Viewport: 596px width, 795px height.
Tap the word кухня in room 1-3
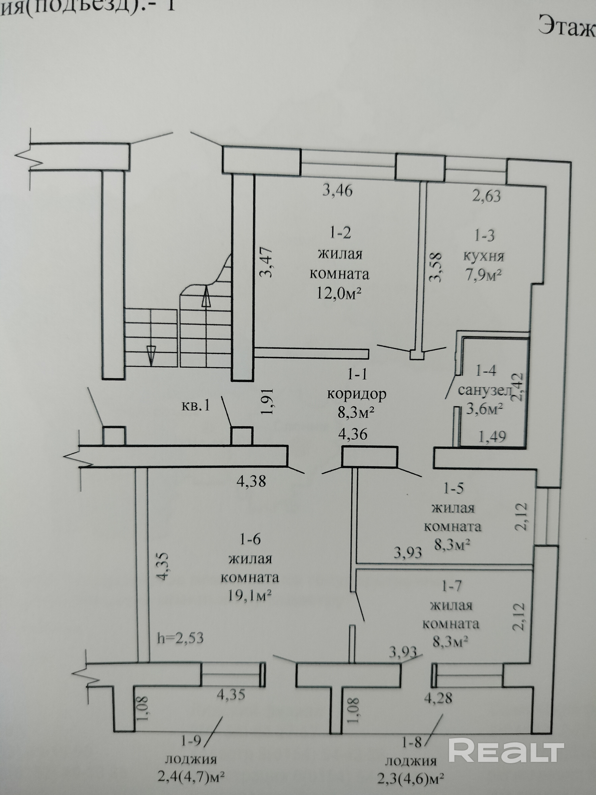484,256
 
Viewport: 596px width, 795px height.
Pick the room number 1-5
453,488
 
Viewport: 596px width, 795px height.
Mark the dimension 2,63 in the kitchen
486,196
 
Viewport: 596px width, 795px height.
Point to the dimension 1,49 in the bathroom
492,436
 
